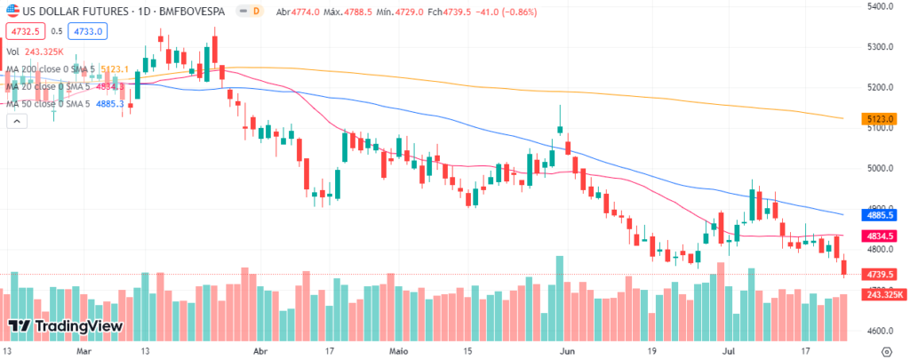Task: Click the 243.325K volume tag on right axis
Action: (x=881, y=294)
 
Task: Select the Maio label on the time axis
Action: (x=400, y=351)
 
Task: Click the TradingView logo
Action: (x=66, y=326)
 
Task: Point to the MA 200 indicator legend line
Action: (x=68, y=69)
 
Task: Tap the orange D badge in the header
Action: (x=256, y=12)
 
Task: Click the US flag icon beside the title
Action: (x=12, y=11)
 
